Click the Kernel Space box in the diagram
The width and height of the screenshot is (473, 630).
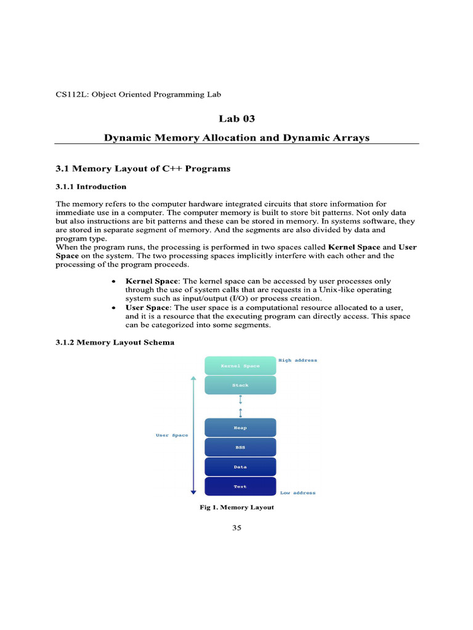pos(240,365)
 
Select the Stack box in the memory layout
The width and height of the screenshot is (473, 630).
pos(240,385)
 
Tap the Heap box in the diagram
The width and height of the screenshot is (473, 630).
pos(240,428)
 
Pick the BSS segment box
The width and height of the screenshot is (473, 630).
pos(240,447)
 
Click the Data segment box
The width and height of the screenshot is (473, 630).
pos(240,467)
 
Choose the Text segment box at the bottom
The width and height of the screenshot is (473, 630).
pos(240,486)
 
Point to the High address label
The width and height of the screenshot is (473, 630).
pos(298,360)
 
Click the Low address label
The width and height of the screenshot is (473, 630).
pos(298,493)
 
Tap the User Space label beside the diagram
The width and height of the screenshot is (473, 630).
pos(172,435)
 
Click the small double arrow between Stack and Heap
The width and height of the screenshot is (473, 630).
pos(240,406)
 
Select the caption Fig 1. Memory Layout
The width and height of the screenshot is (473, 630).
pos(236,508)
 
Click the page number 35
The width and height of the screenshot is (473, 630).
pos(236,528)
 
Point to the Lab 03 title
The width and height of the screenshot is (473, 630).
pos(236,119)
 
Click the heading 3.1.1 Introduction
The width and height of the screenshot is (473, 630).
pos(91,186)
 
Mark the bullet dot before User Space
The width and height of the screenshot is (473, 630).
pos(113,307)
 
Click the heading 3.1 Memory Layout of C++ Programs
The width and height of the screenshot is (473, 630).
pos(143,168)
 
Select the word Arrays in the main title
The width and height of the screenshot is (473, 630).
pos(348,138)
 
